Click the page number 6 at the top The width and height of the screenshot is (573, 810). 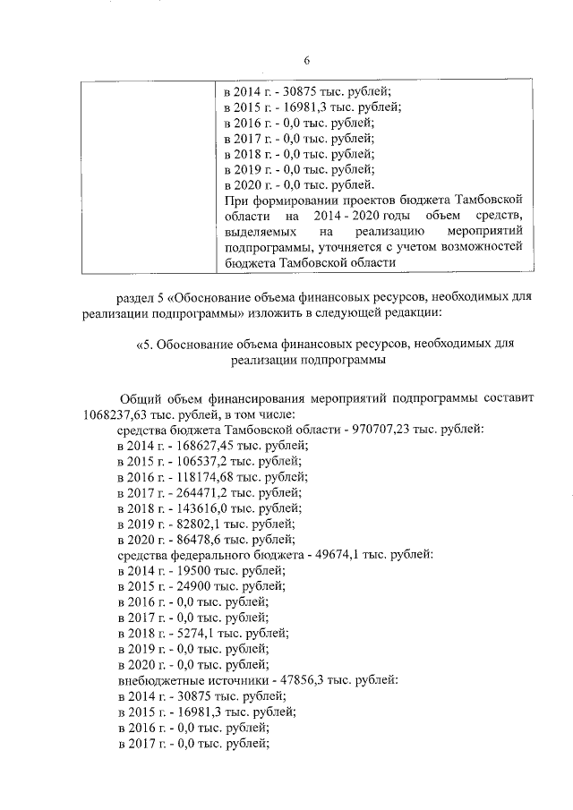tap(306, 61)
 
